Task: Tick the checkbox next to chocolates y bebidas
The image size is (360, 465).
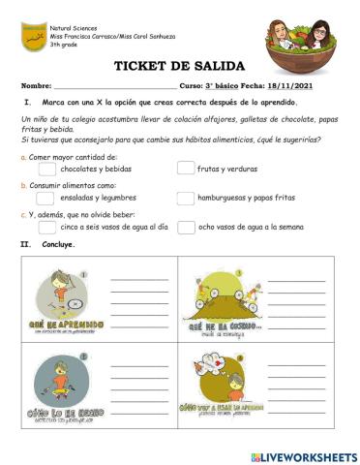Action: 46,169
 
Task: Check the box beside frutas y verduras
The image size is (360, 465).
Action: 186,169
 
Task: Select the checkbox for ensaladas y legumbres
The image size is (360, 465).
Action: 46,199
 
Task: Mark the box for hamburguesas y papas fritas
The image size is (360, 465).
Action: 186,199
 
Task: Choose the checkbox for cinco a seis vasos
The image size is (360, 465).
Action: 46,228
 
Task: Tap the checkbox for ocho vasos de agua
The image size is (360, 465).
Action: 186,228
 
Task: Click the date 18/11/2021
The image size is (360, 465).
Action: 313,86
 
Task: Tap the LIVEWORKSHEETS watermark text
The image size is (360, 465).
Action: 308,455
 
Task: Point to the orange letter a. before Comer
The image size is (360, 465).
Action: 22,156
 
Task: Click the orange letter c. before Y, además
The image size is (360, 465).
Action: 22,215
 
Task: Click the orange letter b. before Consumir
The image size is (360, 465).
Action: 22,185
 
